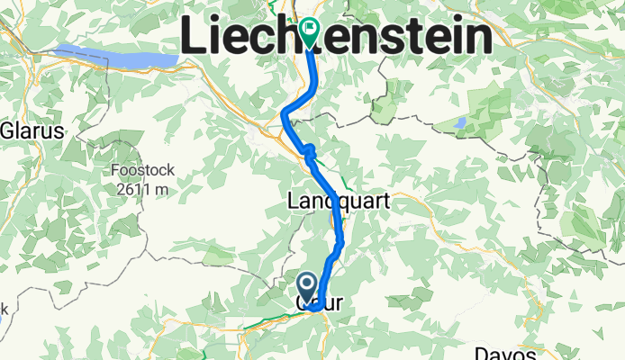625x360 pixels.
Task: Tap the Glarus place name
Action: tap(32, 130)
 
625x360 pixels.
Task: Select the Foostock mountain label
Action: tap(140, 171)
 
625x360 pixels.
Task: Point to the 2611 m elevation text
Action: tap(140, 189)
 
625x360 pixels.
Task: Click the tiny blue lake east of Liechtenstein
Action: tap(462, 121)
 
